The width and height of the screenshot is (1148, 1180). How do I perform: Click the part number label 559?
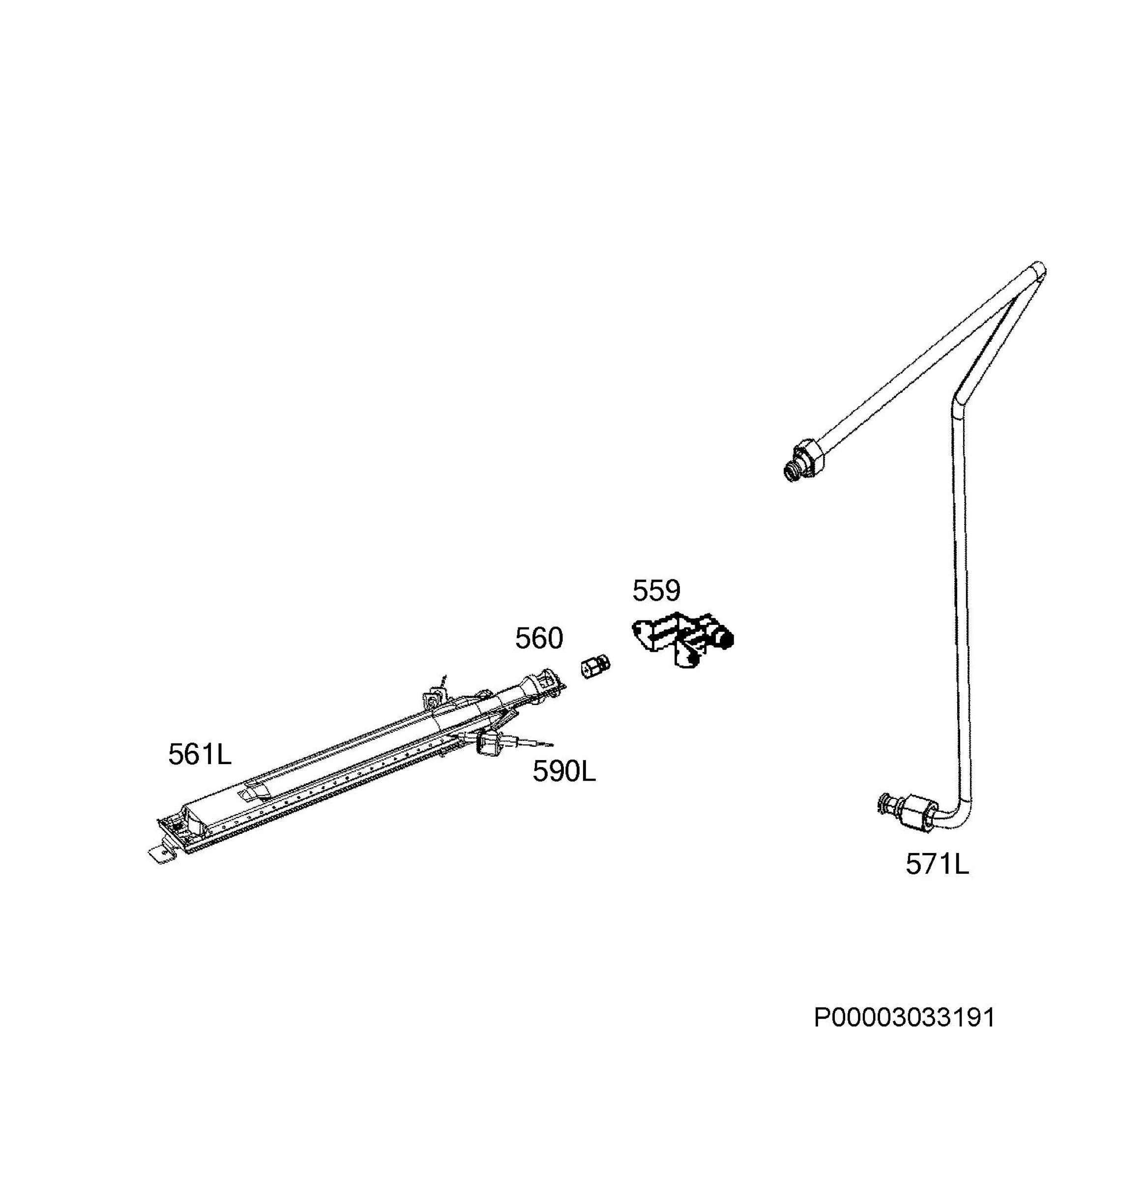[656, 591]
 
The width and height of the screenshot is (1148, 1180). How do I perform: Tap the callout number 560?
[539, 638]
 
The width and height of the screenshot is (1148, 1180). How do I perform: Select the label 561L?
[200, 754]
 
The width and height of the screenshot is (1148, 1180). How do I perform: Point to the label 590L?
[564, 771]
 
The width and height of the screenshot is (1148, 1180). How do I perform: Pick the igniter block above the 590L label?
[491, 744]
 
